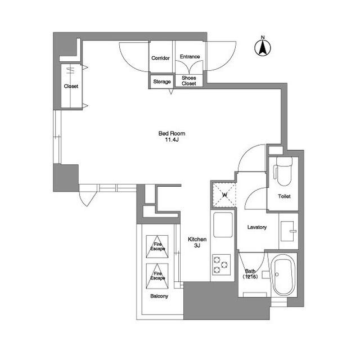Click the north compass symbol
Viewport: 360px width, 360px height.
[x=262, y=47]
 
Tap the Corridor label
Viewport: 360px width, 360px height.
[x=161, y=58]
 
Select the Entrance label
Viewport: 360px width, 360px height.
[x=190, y=57]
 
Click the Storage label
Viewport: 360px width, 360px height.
[x=162, y=82]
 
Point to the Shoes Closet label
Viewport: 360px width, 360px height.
[x=189, y=81]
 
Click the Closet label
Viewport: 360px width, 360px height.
[x=71, y=87]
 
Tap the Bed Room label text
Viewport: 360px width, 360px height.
[x=172, y=133]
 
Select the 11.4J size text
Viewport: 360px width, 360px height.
[x=172, y=140]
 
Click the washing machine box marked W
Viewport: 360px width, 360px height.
[x=224, y=195]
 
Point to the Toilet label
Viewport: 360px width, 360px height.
[x=284, y=196]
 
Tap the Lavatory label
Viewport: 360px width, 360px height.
[x=257, y=227]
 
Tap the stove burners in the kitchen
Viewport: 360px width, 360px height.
[x=220, y=264]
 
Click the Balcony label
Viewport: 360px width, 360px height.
[x=159, y=295]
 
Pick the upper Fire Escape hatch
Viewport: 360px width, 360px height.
[x=157, y=246]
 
